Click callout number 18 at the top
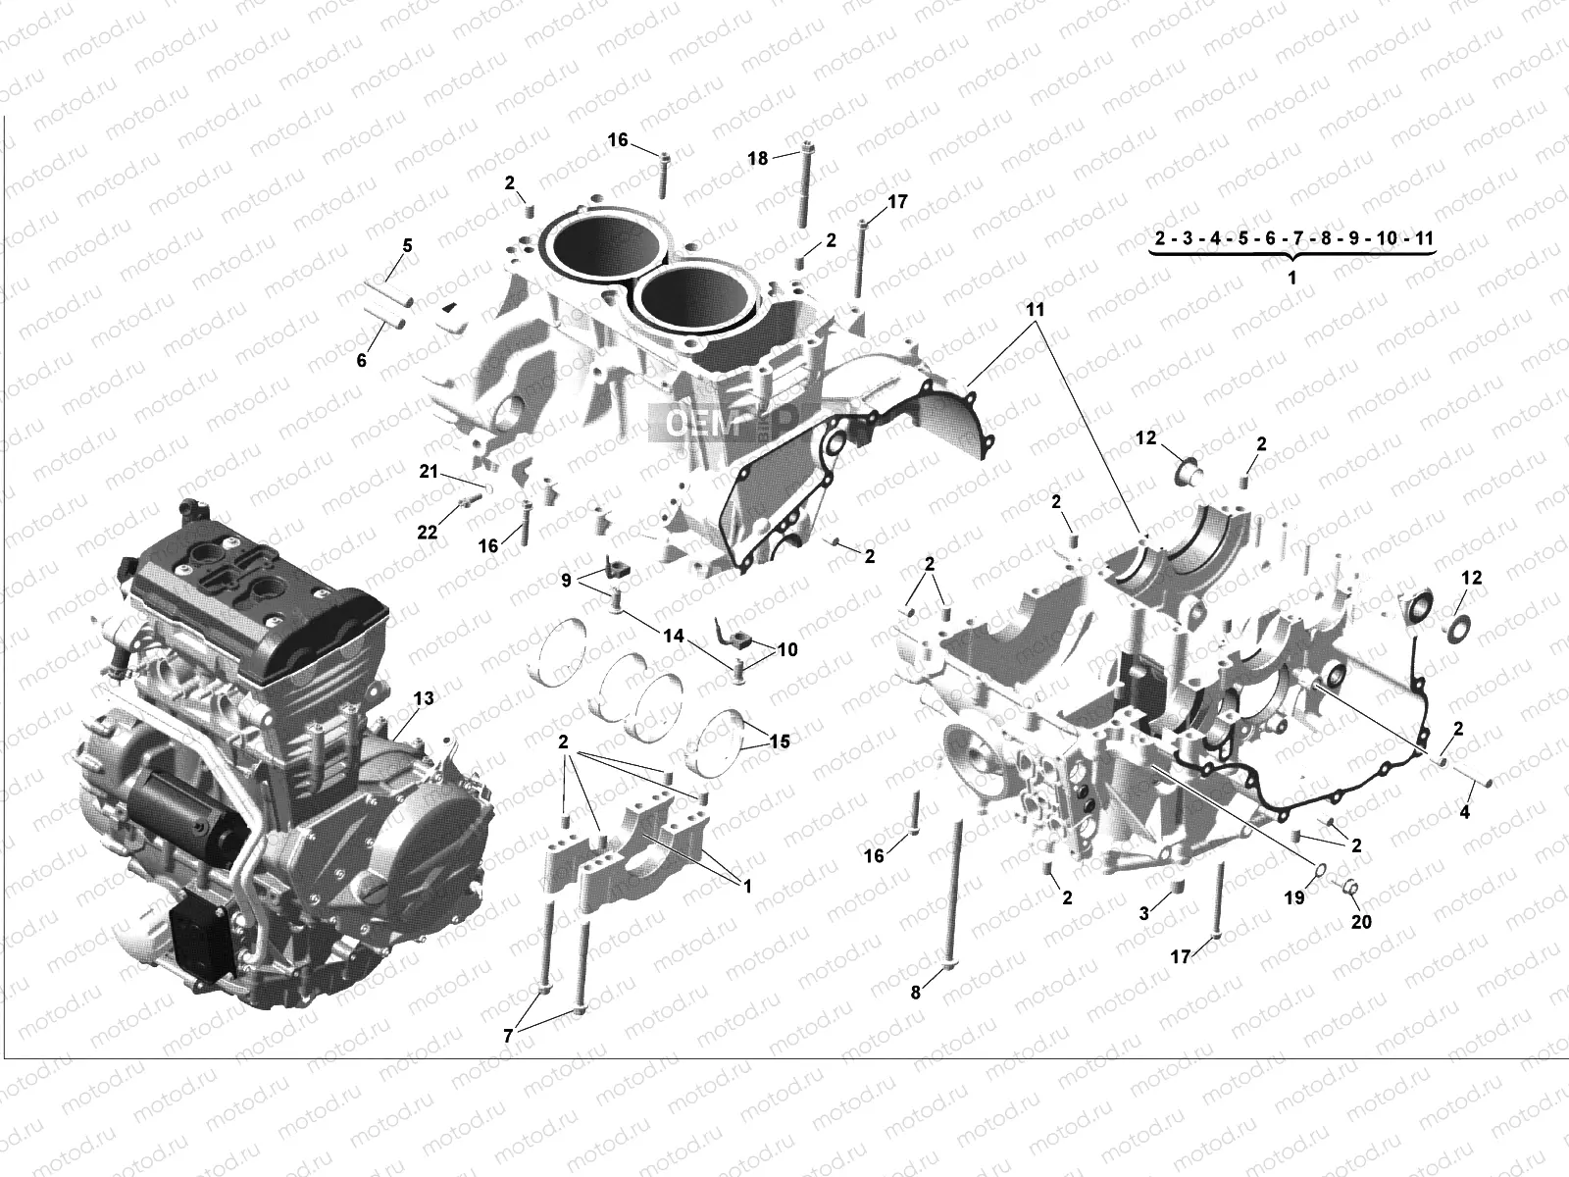pos(758,157)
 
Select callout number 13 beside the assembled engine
pos(423,698)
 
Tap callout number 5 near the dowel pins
pos(407,244)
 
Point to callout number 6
pos(361,361)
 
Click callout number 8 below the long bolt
pos(915,992)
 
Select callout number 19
pos(1293,896)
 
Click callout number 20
pos(1362,922)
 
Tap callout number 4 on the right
pos(1465,812)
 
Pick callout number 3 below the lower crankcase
pos(1143,913)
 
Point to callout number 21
pos(429,472)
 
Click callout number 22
pos(427,533)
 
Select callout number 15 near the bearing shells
pos(780,742)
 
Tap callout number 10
pos(786,649)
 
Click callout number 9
pos(566,581)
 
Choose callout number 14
pos(673,637)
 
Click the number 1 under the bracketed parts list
pos(1291,278)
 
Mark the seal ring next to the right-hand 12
pos(1460,628)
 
